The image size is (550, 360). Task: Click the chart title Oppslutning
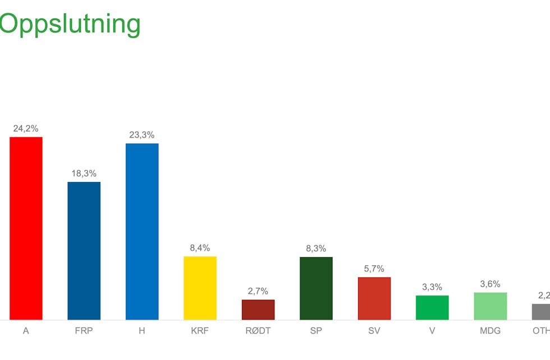(x=70, y=24)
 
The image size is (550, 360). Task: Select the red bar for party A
(x=26, y=229)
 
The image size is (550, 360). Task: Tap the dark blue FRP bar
(x=84, y=251)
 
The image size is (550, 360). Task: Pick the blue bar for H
(x=142, y=232)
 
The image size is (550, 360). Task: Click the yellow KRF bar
(x=200, y=288)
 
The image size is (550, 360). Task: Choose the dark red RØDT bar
(x=258, y=310)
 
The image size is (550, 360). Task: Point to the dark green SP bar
(x=316, y=289)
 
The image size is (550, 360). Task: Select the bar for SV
(x=374, y=299)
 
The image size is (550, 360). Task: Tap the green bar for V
(x=432, y=308)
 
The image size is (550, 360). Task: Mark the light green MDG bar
(x=491, y=306)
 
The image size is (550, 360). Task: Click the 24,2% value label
(x=26, y=129)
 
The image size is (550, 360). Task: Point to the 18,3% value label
(x=84, y=174)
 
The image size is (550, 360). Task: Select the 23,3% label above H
(x=142, y=135)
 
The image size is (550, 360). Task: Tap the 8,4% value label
(x=200, y=248)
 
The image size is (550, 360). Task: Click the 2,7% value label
(x=258, y=291)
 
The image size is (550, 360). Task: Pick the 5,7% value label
(x=374, y=268)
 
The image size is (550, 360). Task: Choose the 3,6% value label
(x=491, y=284)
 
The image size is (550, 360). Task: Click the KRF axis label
(x=200, y=331)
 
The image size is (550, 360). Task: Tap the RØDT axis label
(x=258, y=331)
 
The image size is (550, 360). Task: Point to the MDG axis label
(x=491, y=331)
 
